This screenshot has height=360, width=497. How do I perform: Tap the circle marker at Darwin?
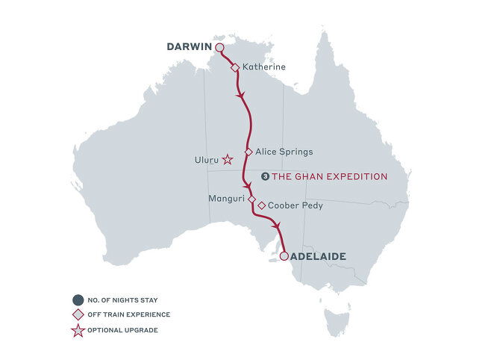coord(220,49)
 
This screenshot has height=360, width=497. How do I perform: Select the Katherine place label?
coord(264,67)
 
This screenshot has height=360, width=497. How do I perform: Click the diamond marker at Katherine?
coord(235,67)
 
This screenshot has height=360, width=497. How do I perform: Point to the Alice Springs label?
coord(279,151)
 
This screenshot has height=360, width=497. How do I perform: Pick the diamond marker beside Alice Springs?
coord(248,151)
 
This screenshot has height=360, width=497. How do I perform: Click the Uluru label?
coord(205,160)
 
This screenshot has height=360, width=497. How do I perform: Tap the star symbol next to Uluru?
coord(228,160)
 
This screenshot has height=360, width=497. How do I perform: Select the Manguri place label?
coord(228,199)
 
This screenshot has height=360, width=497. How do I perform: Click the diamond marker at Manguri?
coord(251,199)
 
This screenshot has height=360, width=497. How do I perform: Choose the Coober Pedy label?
coord(296,205)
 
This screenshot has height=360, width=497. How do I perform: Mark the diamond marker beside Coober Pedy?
coord(261,205)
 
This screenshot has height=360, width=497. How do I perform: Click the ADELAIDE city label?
coord(318,256)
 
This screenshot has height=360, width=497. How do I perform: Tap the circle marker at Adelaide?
coord(284,256)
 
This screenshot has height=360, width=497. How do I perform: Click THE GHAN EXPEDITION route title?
coord(329,177)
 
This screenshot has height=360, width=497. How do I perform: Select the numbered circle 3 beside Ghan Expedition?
coord(265,177)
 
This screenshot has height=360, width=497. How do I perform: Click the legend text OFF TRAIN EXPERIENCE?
coord(128,314)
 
